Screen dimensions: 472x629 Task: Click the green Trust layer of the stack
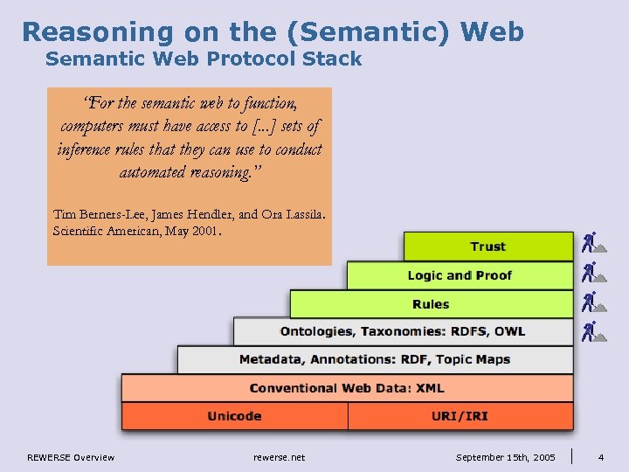(487, 246)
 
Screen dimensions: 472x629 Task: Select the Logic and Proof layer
(460, 275)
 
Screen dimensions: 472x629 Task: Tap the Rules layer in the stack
(431, 304)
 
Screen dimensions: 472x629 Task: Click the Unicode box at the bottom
(234, 416)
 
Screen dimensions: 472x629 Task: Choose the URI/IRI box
(460, 416)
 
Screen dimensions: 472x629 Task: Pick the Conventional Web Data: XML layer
(347, 388)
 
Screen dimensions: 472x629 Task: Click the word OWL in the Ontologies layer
(509, 331)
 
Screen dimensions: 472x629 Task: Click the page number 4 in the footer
(601, 457)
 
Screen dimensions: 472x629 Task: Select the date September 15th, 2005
(506, 457)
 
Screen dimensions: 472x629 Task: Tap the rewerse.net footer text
(279, 457)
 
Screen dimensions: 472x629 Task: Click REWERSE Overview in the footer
(71, 457)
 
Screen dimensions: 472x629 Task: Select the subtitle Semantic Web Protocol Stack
(203, 59)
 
